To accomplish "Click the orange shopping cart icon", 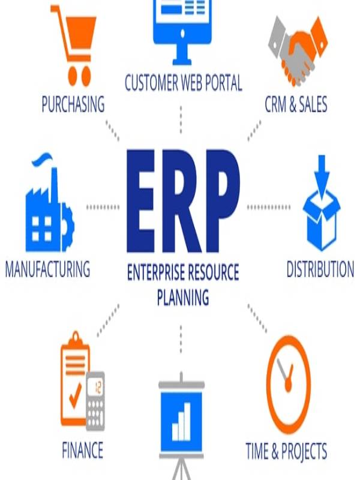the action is tap(75, 46).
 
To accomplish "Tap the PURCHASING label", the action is tap(73, 104).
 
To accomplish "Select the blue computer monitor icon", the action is tap(182, 31).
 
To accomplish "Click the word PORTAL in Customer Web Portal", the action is tap(223, 83).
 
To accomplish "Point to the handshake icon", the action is tap(298, 51).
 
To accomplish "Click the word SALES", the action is tap(313, 104).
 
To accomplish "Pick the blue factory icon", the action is tap(50, 203).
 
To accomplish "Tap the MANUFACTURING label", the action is tap(48, 269).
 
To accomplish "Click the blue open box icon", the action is tap(322, 203).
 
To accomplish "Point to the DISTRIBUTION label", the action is tap(320, 269).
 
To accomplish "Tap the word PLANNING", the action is tap(183, 297).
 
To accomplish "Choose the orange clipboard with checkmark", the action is tap(76, 379).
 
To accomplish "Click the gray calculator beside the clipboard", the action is tap(95, 401).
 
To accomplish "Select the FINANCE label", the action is tap(82, 450).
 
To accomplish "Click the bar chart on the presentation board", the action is tap(181, 422).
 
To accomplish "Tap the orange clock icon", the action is tap(289, 385).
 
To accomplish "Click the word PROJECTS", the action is tap(304, 452).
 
